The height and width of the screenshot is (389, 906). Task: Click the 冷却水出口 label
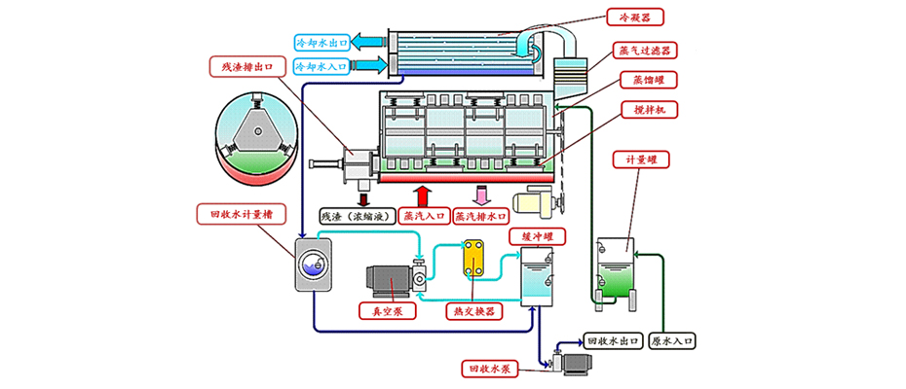click(x=322, y=43)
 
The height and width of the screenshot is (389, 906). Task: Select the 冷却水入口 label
click(x=322, y=65)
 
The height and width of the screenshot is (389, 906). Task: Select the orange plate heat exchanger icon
click(x=474, y=259)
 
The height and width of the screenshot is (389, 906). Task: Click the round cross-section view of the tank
click(x=253, y=135)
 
